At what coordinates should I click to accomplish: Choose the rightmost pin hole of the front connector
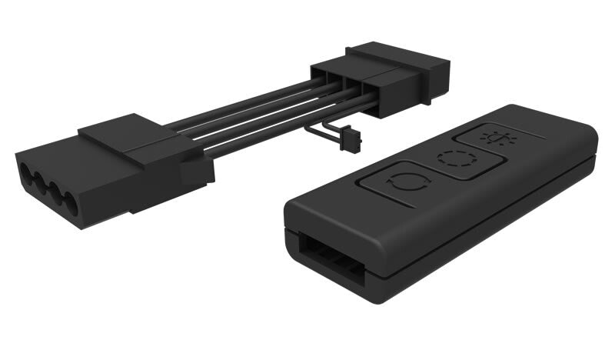(70, 205)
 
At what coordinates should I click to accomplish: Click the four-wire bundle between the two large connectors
(246, 123)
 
